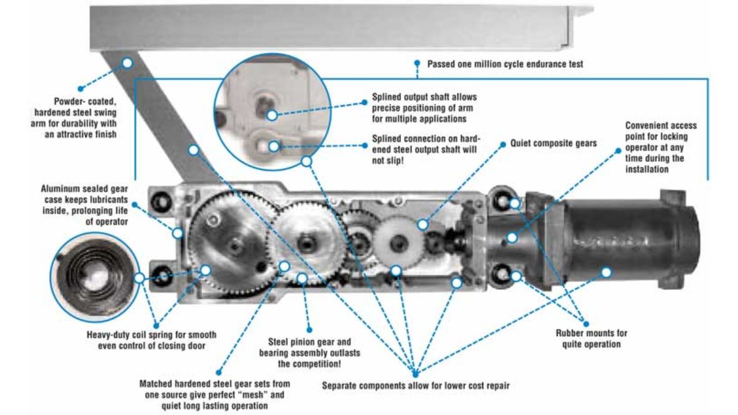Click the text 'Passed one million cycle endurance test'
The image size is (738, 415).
(x=505, y=64)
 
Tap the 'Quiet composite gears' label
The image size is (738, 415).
(x=553, y=143)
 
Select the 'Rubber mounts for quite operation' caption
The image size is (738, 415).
(x=592, y=339)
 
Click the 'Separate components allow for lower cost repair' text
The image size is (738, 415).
(x=416, y=385)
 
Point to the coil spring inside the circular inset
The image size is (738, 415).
(x=94, y=276)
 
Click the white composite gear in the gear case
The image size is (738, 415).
(x=399, y=243)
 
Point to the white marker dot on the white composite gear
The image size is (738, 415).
(x=423, y=225)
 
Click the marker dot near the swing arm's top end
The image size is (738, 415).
(x=127, y=63)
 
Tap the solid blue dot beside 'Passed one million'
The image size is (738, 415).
(x=417, y=63)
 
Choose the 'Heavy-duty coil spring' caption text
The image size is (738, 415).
(x=151, y=340)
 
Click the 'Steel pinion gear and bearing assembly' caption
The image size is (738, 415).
(x=309, y=353)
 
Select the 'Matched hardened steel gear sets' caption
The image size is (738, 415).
(x=215, y=395)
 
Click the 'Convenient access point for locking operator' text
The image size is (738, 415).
(x=661, y=147)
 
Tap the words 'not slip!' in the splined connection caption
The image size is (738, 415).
(x=388, y=161)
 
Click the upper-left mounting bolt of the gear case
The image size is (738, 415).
(x=161, y=202)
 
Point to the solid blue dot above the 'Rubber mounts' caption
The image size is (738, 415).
(x=585, y=324)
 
